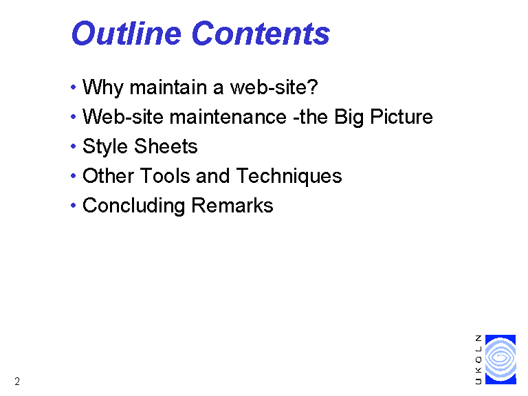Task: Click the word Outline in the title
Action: pyautogui.click(x=126, y=33)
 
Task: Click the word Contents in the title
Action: pyautogui.click(x=261, y=33)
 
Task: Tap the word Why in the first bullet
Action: pyautogui.click(x=103, y=88)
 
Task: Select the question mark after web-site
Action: pyautogui.click(x=313, y=87)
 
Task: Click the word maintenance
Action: pyautogui.click(x=228, y=117)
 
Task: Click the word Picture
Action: pyautogui.click(x=401, y=117)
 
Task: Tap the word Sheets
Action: pyautogui.click(x=166, y=146)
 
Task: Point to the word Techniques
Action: pyautogui.click(x=289, y=177)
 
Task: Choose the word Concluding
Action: pyautogui.click(x=133, y=206)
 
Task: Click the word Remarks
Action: pyautogui.click(x=232, y=205)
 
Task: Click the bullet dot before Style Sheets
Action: pyautogui.click(x=74, y=146)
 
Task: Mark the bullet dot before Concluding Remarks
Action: pyautogui.click(x=74, y=206)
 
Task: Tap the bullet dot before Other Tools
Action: pyautogui.click(x=74, y=176)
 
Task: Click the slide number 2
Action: pyautogui.click(x=17, y=382)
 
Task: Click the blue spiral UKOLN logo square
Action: pyautogui.click(x=500, y=360)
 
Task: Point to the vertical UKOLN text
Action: pyautogui.click(x=478, y=360)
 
